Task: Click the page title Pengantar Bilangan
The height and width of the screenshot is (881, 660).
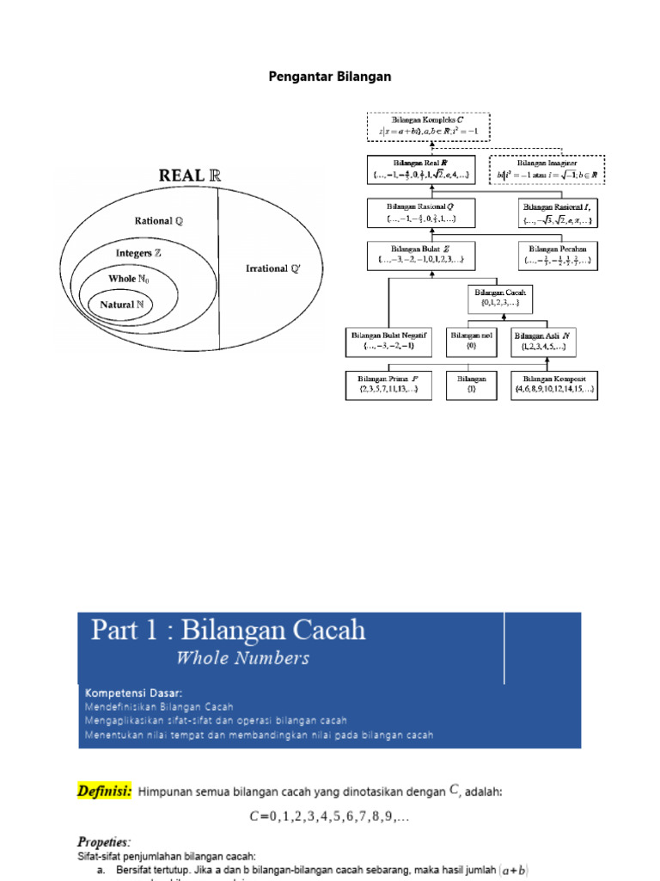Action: (x=331, y=77)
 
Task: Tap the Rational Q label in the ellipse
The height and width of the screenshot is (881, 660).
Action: (x=158, y=221)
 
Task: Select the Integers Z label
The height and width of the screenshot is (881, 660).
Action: (x=139, y=254)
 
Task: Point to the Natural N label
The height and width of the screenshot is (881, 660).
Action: (x=121, y=305)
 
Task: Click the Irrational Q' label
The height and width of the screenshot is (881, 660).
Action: (x=273, y=268)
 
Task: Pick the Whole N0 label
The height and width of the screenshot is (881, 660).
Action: (x=129, y=280)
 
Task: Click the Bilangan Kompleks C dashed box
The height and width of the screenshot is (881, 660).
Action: (x=427, y=127)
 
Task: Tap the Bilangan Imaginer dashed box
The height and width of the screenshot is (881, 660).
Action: (x=547, y=170)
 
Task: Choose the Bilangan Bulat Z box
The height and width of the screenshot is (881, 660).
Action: (x=419, y=255)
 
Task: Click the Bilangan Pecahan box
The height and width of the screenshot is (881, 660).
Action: (x=559, y=255)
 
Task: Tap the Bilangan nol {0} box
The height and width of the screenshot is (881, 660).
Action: (x=471, y=341)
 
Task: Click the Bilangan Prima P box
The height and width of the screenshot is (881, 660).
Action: (x=389, y=385)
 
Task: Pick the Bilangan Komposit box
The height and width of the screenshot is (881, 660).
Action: (x=556, y=385)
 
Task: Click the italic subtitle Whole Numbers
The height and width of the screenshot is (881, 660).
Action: (x=242, y=659)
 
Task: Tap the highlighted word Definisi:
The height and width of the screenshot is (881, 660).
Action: (x=106, y=792)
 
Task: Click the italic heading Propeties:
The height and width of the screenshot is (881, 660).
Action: (x=104, y=842)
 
